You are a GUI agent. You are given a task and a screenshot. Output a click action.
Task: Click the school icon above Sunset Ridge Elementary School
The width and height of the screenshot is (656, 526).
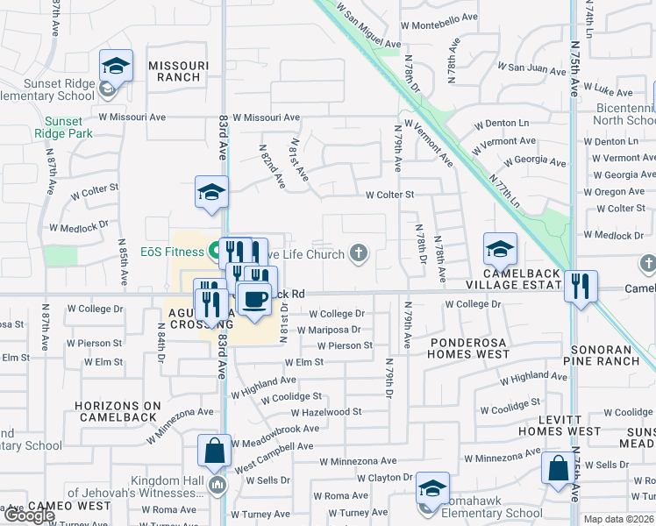pos(116,66)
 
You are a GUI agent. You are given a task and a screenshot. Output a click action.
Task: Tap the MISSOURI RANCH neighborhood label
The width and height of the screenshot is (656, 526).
pos(178,71)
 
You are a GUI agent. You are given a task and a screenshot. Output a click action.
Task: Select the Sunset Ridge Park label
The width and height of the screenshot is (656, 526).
pos(64,127)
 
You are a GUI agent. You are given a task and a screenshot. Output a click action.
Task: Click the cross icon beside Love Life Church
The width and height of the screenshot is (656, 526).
pos(357,253)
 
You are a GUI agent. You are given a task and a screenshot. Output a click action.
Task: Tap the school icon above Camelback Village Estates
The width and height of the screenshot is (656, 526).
pos(500,249)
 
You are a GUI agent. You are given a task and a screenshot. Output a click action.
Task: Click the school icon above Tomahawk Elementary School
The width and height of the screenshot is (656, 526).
pos(431,487)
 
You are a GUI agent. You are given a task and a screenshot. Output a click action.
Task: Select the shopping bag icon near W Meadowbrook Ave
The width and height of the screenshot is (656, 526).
pos(213,451)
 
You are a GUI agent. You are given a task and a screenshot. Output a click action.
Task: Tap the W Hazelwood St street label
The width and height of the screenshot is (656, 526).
pos(325,411)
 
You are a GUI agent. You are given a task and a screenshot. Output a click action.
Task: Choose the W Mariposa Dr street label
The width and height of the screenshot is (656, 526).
pos(328,330)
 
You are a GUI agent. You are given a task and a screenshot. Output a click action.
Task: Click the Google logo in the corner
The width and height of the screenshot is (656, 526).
pos(28,515)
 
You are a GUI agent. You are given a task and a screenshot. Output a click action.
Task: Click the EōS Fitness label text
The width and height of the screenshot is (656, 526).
pos(171,252)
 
